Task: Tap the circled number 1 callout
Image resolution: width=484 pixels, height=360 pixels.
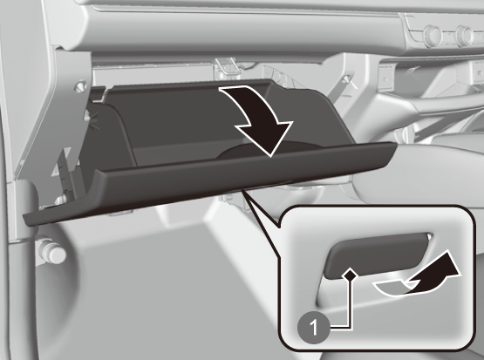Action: point(313,327)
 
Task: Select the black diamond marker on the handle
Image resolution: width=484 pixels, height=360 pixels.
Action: point(350,274)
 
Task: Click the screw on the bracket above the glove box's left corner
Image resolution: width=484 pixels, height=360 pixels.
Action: point(81,85)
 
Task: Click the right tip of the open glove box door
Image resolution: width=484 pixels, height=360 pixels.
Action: point(395,145)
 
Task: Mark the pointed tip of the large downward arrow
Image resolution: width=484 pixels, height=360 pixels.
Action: point(270,156)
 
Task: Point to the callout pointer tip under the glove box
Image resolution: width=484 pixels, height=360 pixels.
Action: point(242,190)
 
